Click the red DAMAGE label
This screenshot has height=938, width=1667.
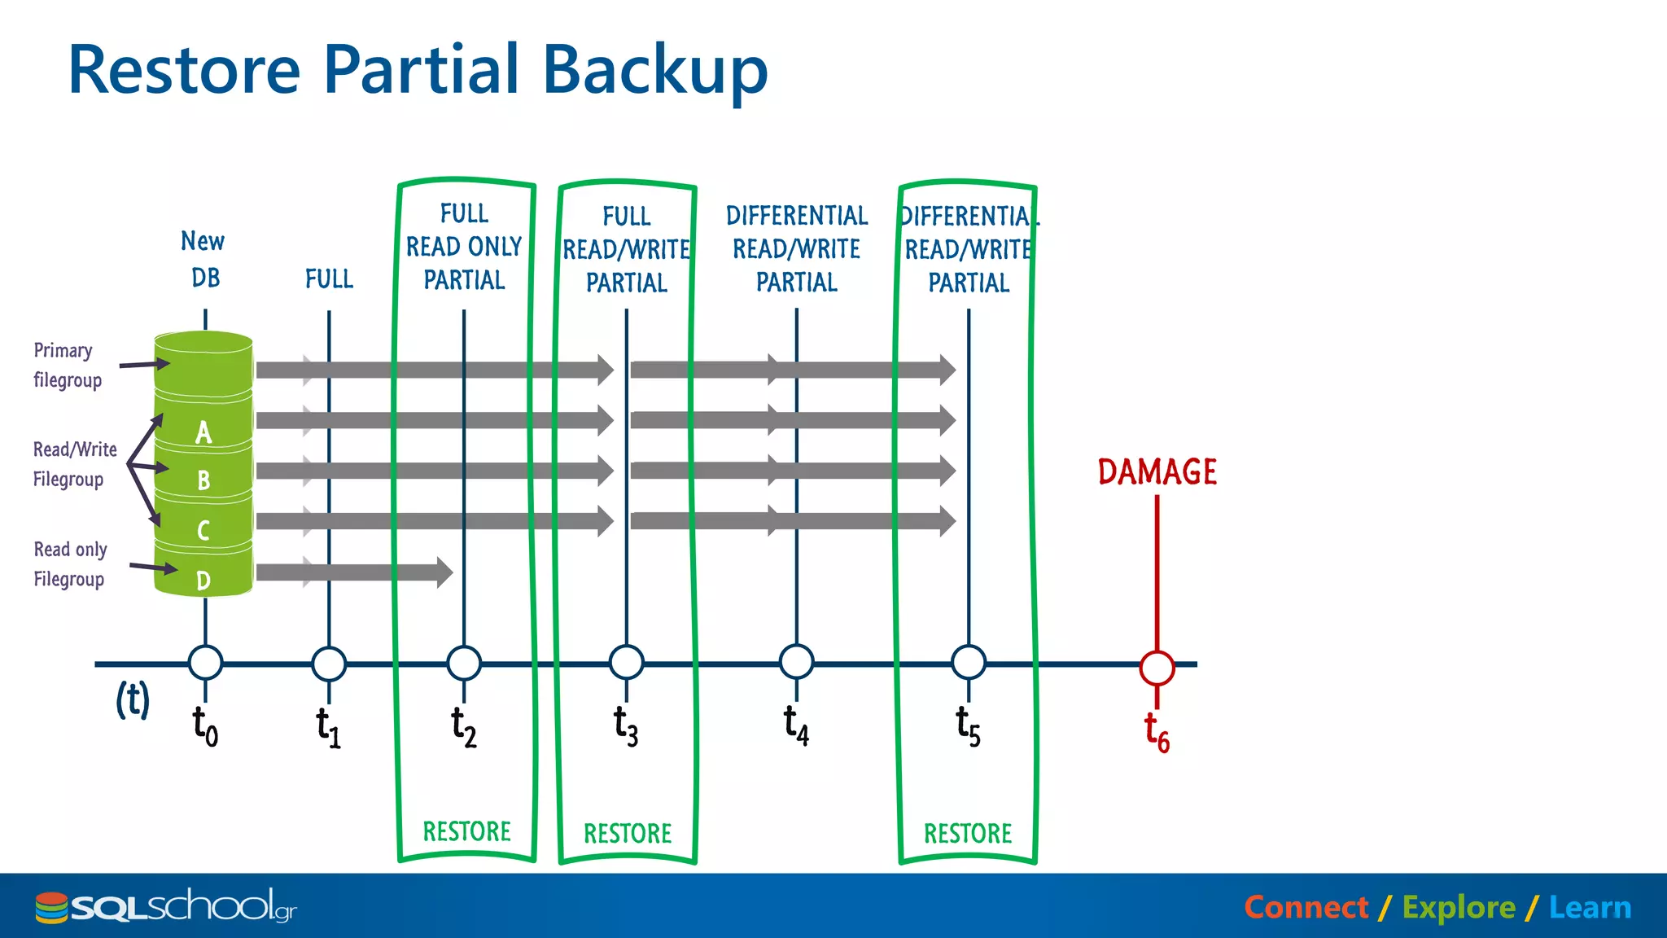click(x=1157, y=472)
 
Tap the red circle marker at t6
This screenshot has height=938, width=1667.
click(x=1157, y=668)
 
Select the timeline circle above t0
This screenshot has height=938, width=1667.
click(x=205, y=663)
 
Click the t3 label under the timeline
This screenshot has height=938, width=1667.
click(x=626, y=725)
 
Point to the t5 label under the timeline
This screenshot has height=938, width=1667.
click(x=968, y=726)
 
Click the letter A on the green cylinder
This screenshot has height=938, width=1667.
click(x=203, y=432)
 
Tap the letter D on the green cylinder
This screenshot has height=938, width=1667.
click(x=203, y=581)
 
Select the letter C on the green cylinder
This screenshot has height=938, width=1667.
click(x=203, y=531)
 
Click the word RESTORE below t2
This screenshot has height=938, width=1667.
click(x=466, y=831)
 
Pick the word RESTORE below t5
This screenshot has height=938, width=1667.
click(x=968, y=833)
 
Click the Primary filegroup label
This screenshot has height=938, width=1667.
click(x=67, y=365)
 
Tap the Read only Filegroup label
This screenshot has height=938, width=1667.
click(x=70, y=564)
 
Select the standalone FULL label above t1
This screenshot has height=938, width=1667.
click(x=329, y=279)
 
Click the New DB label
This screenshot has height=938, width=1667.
click(x=203, y=259)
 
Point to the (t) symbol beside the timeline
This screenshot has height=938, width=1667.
click(x=133, y=699)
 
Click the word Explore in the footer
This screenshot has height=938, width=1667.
click(x=1459, y=907)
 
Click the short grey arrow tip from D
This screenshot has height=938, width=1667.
click(x=444, y=572)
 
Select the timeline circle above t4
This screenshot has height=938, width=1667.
click(x=796, y=662)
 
